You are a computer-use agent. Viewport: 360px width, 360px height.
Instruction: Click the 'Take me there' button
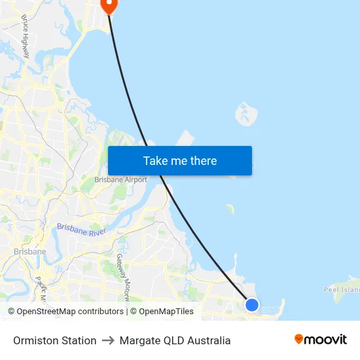[x=180, y=160]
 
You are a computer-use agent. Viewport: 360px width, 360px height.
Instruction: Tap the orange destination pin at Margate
[x=108, y=5]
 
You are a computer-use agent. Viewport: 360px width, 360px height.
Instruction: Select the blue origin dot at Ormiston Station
[x=252, y=304]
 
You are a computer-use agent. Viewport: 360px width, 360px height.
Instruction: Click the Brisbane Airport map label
[x=121, y=179]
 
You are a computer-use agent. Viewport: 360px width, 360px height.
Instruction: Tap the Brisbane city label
[x=30, y=251]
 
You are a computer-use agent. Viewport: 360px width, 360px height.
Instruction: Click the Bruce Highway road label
[x=26, y=36]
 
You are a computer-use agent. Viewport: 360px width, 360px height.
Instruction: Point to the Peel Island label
[x=342, y=289]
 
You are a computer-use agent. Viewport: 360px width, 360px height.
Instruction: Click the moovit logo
[x=320, y=340]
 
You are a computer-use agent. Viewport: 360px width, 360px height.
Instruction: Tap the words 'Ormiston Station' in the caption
[x=55, y=340]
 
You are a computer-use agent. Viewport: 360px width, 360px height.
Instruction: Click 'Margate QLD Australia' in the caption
[x=175, y=340]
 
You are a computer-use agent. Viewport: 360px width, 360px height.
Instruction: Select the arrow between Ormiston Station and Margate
[x=108, y=340]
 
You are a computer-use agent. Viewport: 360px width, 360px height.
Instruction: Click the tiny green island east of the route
[x=230, y=209]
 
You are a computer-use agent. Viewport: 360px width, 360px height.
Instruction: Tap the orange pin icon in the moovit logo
[x=299, y=339]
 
